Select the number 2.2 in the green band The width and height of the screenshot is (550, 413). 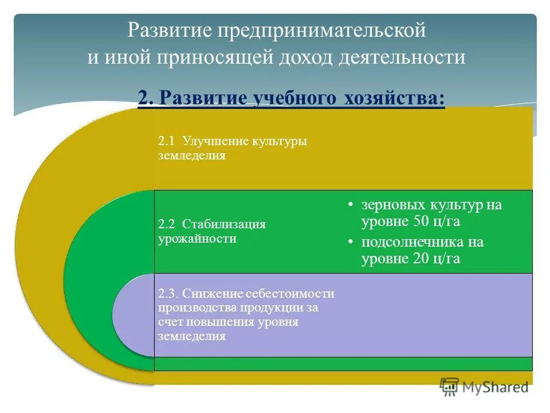(x=167, y=224)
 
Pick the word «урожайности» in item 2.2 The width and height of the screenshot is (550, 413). (x=197, y=238)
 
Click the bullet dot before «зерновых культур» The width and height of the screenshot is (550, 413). (x=350, y=205)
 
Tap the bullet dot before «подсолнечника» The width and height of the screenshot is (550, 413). (x=350, y=242)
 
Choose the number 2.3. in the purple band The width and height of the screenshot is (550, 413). (x=169, y=294)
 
